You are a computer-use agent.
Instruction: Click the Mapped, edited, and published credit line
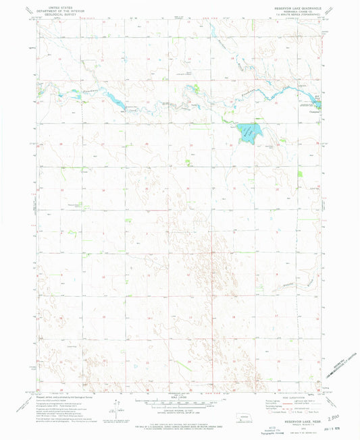(x=61, y=395)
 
